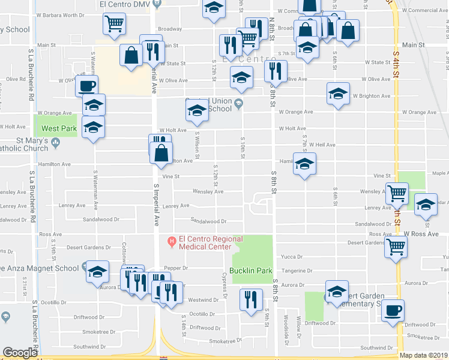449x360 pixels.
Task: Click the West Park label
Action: coord(59,128)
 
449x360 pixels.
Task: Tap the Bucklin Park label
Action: coord(252,271)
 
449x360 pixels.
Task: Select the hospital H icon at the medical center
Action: coord(172,242)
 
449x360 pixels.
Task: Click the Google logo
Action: coord(20,353)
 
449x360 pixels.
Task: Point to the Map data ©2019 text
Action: coord(423,355)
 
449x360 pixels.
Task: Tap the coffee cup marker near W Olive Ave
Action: coord(87,86)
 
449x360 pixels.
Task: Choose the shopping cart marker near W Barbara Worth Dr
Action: coord(115,24)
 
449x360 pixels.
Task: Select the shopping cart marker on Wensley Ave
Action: coord(397,194)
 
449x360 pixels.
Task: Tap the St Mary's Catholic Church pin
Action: coord(55,142)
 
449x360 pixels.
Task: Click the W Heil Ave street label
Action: coord(322,145)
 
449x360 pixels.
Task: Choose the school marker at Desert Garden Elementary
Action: coord(337,291)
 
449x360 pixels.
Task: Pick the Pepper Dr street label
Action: coord(179,268)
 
